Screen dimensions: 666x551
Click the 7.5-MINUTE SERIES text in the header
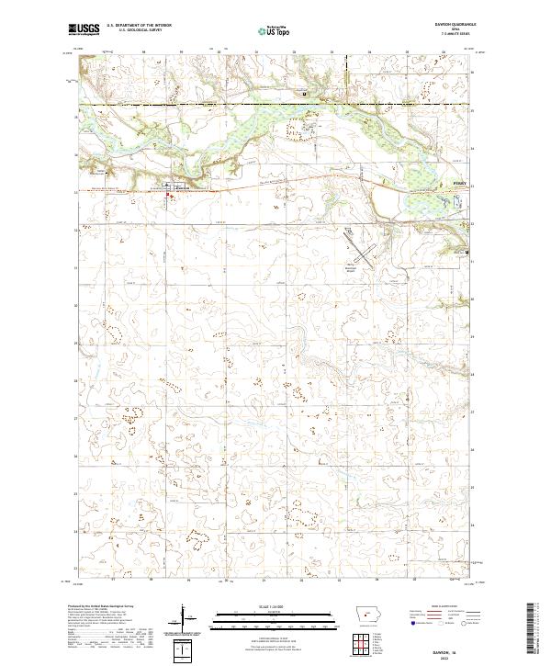[450, 35]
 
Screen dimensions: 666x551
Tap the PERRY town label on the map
[459, 184]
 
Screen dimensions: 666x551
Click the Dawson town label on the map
[182, 188]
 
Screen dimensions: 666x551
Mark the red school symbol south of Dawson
[167, 194]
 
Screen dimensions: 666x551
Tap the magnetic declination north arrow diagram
[185, 621]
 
